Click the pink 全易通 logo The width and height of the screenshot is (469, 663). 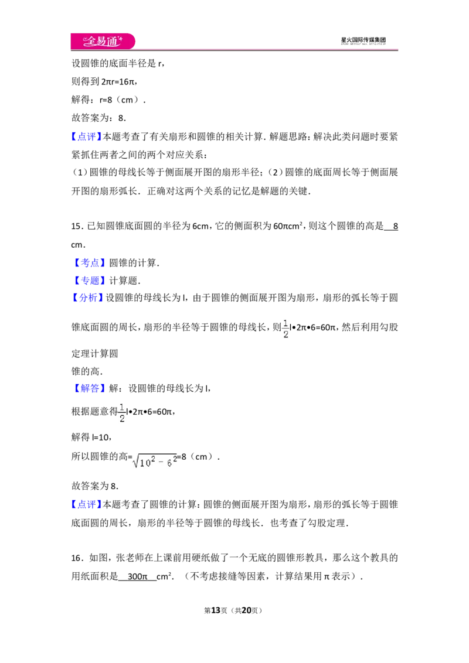click(103, 41)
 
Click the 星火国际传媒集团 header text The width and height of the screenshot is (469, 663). click(363, 40)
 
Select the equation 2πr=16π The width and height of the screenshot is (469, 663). click(118, 81)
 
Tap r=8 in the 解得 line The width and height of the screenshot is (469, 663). click(106, 100)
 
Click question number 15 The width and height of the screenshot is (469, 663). click(76, 226)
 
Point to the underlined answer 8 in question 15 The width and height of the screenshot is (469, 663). click(395, 226)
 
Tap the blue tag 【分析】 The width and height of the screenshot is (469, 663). click(87, 298)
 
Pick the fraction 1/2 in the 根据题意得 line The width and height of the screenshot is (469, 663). click(122, 413)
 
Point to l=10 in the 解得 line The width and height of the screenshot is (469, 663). click(101, 437)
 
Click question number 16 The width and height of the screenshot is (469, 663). click(76, 558)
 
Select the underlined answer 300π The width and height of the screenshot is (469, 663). click(138, 576)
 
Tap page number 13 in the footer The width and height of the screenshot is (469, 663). click(216, 610)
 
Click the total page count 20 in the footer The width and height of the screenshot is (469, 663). click(246, 610)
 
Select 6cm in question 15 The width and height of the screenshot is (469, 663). click(200, 226)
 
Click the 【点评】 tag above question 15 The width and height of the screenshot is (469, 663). click(87, 136)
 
